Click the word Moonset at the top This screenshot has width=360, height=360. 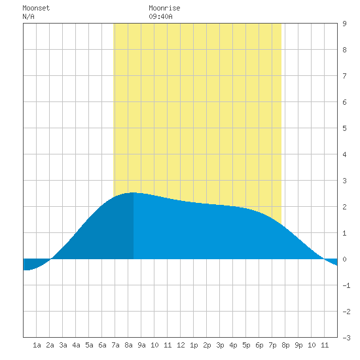coord(36,8)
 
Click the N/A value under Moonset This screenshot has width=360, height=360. coord(28,16)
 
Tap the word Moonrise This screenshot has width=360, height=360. coord(164,8)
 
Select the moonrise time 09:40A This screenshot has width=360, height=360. coord(160,16)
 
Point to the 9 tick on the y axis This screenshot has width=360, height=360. coord(344,24)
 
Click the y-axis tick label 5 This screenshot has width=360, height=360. coord(344,128)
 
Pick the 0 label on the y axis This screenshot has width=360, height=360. coord(344,259)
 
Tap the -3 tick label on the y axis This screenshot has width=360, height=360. coord(346,338)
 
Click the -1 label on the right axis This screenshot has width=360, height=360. coord(346,285)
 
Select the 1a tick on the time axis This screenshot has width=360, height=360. coord(37,345)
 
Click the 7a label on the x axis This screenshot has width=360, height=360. coord(115,345)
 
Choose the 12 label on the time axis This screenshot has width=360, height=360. coord(181,345)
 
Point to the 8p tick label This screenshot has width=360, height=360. coord(285,345)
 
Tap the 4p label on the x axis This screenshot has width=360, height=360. coord(233,345)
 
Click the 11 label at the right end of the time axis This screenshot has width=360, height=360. coord(325,345)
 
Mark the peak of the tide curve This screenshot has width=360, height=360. coord(133,192)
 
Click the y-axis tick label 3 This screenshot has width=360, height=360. coord(344,181)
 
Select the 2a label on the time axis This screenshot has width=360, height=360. coord(50,345)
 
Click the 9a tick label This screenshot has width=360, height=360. coord(141,345)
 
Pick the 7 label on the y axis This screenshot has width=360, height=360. coord(344,76)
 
